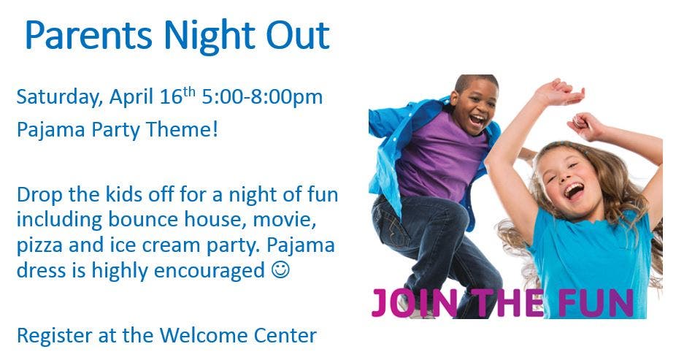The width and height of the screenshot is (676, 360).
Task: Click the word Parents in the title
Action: point(89,35)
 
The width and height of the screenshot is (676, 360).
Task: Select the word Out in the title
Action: point(298,35)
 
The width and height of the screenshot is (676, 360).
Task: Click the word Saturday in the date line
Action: point(59,97)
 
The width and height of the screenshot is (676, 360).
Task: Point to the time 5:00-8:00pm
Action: point(262,97)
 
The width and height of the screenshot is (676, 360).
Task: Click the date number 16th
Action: point(177,95)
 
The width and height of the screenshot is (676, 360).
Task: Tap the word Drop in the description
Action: point(39,195)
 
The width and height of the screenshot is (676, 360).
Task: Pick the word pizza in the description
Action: point(39,246)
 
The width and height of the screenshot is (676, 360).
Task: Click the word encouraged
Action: point(209,272)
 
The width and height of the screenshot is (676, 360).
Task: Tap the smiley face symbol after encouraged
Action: point(280,270)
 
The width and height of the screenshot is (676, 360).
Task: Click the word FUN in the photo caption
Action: point(596,302)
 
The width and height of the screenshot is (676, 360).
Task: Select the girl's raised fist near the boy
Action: point(583,126)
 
